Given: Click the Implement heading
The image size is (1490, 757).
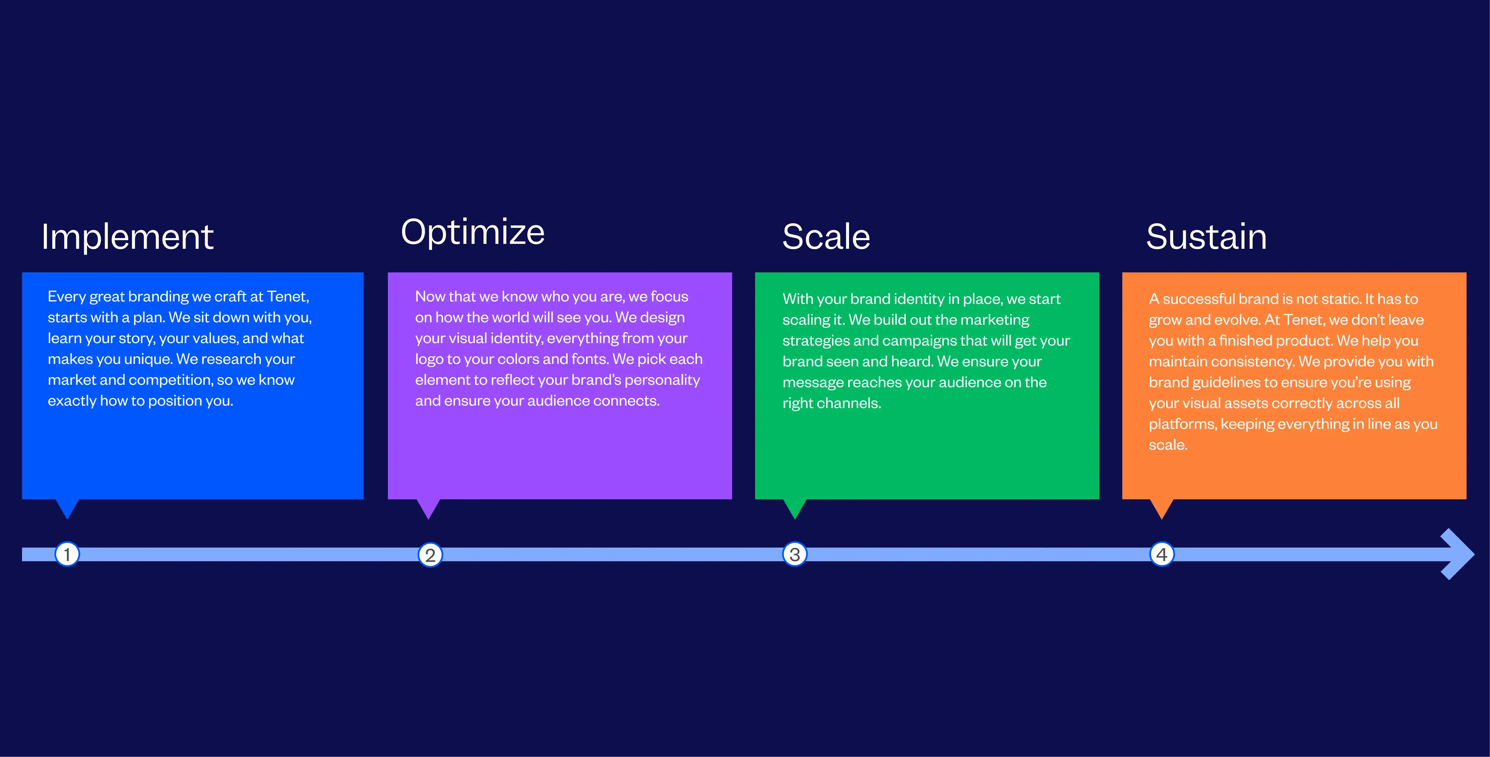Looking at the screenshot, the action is click(127, 237).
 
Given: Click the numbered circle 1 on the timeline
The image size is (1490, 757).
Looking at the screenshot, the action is click(67, 554).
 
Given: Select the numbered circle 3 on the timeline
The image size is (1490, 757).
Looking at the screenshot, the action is click(795, 554).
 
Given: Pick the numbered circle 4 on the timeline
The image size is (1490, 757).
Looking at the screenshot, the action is click(1161, 554).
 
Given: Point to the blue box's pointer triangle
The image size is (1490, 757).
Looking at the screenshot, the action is click(67, 508).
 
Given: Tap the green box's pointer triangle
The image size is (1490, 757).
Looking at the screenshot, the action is click(795, 508).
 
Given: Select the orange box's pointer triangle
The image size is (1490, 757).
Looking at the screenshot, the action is click(1161, 508).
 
